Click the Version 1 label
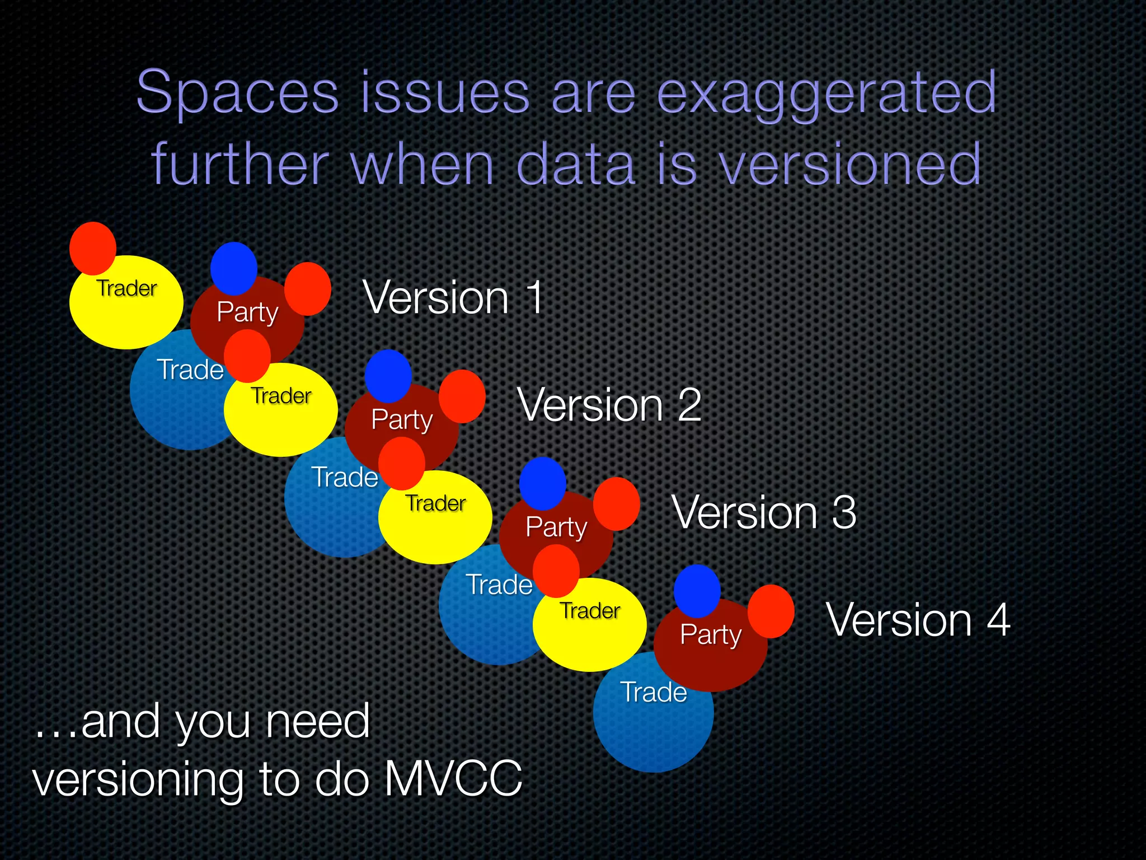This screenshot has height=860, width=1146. (453, 298)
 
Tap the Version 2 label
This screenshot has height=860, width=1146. (609, 405)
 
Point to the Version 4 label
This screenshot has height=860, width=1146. (918, 620)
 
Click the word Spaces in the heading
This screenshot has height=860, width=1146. (238, 92)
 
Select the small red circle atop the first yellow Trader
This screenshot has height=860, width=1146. (93, 248)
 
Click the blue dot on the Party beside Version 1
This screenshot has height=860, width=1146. (234, 268)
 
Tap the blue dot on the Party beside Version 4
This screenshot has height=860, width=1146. (697, 590)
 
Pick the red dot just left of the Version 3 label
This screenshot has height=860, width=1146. (616, 503)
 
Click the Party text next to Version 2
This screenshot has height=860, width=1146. (402, 419)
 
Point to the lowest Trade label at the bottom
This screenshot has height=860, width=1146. (653, 693)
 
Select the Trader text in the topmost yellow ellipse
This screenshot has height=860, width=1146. (127, 288)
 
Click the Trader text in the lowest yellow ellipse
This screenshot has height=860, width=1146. (590, 611)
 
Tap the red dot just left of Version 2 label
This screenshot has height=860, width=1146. (462, 396)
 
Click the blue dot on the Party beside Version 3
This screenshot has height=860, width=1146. (542, 483)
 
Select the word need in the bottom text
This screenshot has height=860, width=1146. (317, 722)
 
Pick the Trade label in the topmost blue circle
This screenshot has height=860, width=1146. (190, 370)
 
